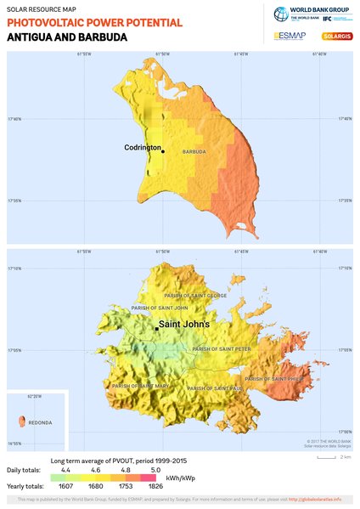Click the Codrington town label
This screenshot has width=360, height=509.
[x=142, y=148]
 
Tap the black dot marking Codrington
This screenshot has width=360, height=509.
[x=163, y=152]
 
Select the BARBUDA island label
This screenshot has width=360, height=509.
[x=194, y=152]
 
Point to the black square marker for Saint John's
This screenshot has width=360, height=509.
[x=157, y=328]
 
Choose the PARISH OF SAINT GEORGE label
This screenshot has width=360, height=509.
[x=196, y=296]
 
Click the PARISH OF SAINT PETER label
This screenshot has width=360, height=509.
[x=222, y=348]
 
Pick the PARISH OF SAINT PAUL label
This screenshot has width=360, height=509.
[x=215, y=387]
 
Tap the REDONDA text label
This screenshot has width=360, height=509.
[x=41, y=422]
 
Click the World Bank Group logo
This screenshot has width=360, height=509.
[x=311, y=14]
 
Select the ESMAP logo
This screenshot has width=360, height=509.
[x=290, y=36]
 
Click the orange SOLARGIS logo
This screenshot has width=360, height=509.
[x=337, y=36]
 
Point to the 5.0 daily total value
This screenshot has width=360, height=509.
[x=156, y=469]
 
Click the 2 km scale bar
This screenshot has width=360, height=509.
[x=327, y=456]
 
